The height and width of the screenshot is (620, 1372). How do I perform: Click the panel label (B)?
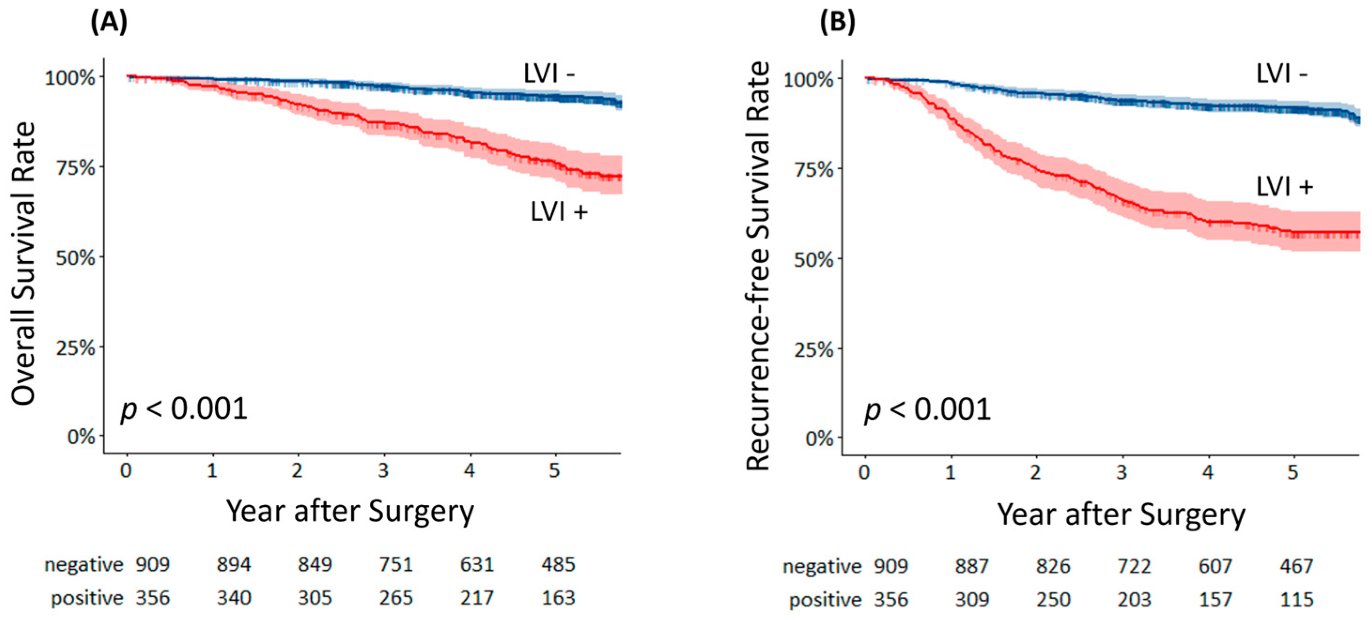coord(837,23)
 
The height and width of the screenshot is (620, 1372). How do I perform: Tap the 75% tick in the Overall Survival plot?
coord(76,167)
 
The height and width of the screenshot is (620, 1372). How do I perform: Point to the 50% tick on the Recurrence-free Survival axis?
coord(813,260)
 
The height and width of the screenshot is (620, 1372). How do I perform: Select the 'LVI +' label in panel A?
coord(559,212)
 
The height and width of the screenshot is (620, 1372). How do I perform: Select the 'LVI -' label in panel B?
coord(1281,74)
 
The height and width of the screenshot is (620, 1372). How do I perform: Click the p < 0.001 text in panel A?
coord(184,408)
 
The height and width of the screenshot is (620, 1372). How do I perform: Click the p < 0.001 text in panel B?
coord(927,410)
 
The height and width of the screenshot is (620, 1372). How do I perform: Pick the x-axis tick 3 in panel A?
coord(384,470)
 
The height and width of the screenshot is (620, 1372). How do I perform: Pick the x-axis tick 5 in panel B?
coord(1293,472)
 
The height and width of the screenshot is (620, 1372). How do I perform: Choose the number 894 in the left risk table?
coord(233,565)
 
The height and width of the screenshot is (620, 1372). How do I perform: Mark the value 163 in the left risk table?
coord(558,598)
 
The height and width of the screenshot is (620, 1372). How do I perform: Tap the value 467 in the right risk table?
coord(1296,566)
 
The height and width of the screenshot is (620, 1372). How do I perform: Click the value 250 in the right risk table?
coord(1053,600)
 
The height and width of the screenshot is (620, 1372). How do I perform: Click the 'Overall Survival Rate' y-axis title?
coord(23,264)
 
